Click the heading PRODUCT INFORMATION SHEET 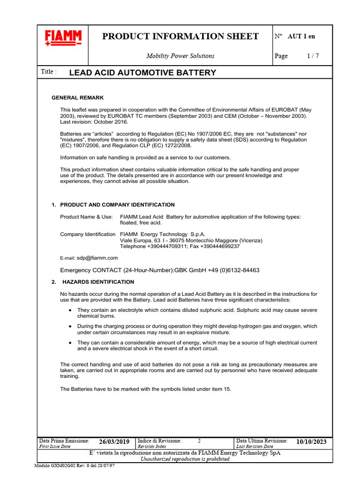tap(180, 37)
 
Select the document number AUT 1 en tap(301, 36)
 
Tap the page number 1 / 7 tap(313, 56)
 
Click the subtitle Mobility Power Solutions tap(180, 56)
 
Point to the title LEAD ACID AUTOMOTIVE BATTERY tap(142, 73)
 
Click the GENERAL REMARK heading tap(77, 97)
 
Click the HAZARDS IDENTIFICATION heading tap(98, 282)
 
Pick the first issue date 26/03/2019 tap(114, 442)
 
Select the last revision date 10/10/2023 tap(311, 442)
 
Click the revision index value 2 tap(199, 441)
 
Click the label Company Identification tap(88, 234)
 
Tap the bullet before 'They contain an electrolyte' tap(70, 310)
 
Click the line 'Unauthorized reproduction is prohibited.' tap(185, 459)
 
